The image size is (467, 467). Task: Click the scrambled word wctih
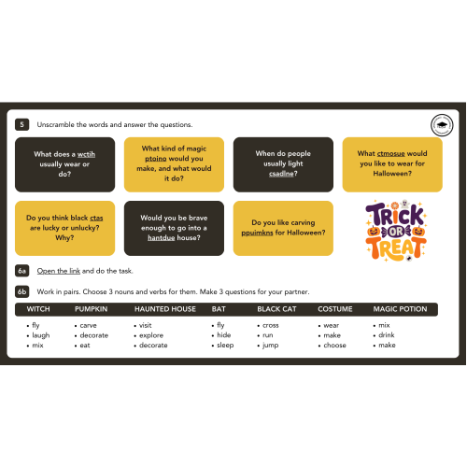tap(86, 154)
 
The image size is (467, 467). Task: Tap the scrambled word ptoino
tap(156, 159)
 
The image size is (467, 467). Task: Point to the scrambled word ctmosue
tap(391, 153)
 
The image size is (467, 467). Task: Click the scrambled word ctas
tap(96, 218)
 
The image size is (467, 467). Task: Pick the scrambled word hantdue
tap(162, 237)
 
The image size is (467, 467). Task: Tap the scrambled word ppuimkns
tap(257, 233)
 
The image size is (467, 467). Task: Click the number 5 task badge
tap(21, 124)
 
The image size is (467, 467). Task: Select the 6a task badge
tap(21, 271)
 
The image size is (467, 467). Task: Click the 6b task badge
tap(21, 291)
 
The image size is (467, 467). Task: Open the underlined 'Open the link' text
tap(59, 271)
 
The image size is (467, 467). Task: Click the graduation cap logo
tap(442, 125)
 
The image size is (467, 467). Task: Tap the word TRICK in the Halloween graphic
tap(395, 215)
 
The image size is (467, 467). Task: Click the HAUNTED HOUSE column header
tap(165, 309)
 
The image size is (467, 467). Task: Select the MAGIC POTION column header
tap(400, 309)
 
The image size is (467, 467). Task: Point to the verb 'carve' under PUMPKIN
tap(89, 325)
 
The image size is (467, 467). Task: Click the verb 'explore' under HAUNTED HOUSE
tap(151, 335)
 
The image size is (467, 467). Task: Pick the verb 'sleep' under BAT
tap(225, 346)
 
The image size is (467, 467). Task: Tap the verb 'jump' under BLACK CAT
tap(270, 346)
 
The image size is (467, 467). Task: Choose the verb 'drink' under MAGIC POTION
tap(387, 335)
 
